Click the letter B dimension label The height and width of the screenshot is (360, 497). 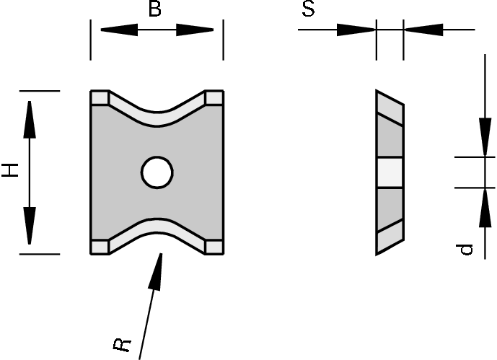[154, 10]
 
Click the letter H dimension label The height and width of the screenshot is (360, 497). [9, 171]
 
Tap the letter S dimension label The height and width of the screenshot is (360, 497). [308, 11]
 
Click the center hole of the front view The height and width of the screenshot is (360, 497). [157, 172]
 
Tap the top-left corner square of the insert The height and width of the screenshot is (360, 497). [100, 97]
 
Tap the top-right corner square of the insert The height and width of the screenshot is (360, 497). [214, 97]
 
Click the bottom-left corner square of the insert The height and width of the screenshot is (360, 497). [100, 247]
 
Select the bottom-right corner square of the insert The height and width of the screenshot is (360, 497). [214, 247]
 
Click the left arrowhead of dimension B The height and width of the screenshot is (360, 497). [115, 30]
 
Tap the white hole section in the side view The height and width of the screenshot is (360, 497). [390, 172]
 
